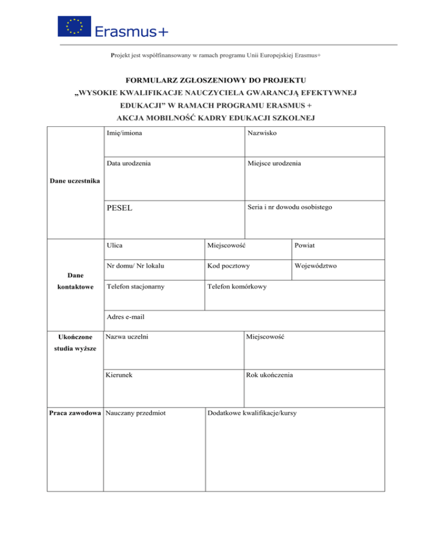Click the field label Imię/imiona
[x=124, y=134]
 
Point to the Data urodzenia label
[x=128, y=163]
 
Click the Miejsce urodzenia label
[x=273, y=163]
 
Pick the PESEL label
[x=119, y=207]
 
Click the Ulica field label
[x=115, y=245]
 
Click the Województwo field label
[x=315, y=265]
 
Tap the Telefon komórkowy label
[x=237, y=287]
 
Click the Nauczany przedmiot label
[x=135, y=413]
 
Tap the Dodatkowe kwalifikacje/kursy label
[x=252, y=413]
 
